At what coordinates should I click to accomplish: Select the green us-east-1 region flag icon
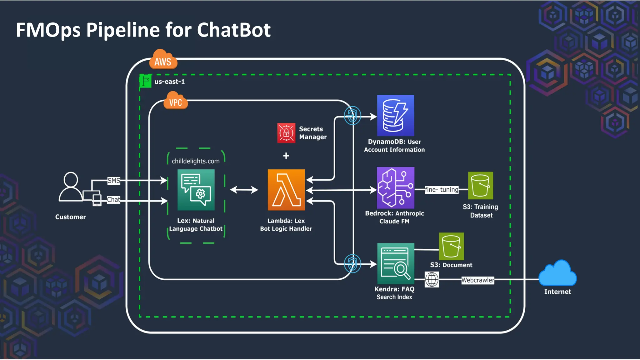coord(145,81)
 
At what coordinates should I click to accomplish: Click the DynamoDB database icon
coord(395,116)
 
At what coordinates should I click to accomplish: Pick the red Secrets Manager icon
coord(286,133)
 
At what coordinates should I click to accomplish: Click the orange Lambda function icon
coord(286,190)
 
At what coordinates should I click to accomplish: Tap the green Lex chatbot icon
coord(196,190)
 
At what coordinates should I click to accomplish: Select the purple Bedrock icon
coord(395,187)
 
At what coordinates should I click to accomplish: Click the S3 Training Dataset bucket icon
coord(480,185)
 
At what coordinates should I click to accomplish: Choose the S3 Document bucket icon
coord(451,246)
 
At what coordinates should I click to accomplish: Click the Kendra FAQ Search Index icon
coord(395,263)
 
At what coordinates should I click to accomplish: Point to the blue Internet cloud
coord(557,273)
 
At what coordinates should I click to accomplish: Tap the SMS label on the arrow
coord(114,181)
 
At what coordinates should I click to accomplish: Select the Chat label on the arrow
coord(113,200)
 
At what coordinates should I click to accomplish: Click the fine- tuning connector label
coord(441,190)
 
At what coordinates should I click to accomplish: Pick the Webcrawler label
coord(477,280)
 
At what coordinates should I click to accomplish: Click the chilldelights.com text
coord(196,161)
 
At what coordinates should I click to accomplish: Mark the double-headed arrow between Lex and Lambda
coord(244,190)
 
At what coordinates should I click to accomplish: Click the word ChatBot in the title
coord(233,30)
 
